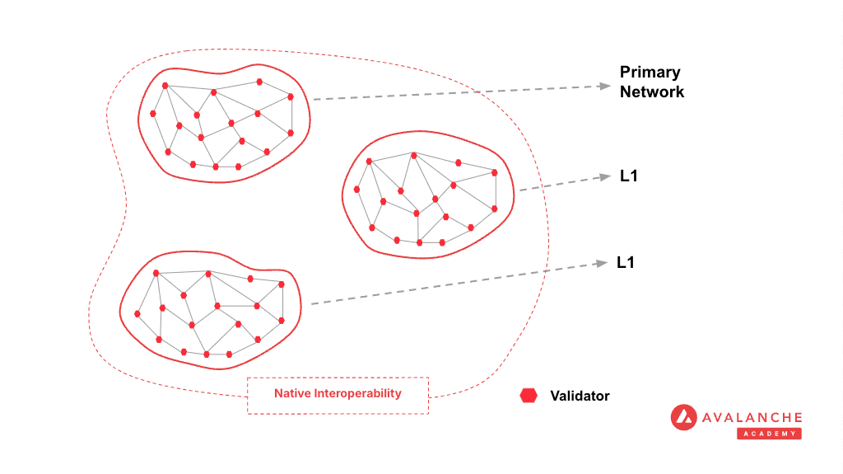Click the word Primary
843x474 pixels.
650,73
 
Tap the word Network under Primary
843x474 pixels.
652,92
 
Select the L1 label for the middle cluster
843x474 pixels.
630,176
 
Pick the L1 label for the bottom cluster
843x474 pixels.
626,263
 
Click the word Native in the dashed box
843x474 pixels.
293,393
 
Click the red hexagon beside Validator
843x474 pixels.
529,396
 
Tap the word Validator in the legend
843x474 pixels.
580,396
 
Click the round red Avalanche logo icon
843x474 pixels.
684,417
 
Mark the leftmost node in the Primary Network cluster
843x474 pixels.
153,113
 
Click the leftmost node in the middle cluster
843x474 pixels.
356,190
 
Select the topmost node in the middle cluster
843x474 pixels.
413,153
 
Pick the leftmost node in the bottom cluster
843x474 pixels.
137,313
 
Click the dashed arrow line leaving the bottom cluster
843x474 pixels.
453,284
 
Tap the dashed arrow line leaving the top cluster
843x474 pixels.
453,92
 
